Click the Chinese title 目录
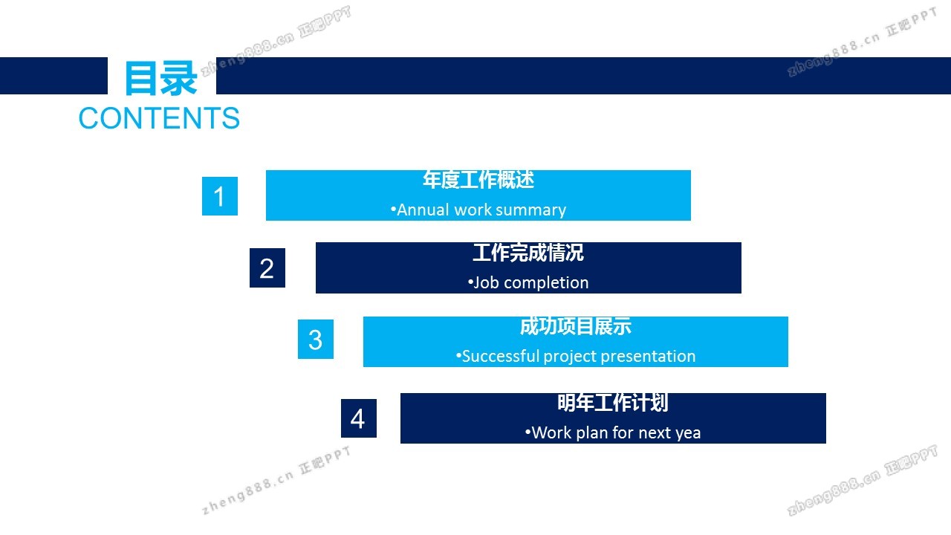click(x=161, y=78)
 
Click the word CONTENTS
click(x=159, y=118)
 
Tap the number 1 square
click(x=219, y=196)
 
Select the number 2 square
click(x=267, y=268)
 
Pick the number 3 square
click(x=316, y=340)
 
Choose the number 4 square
click(x=359, y=418)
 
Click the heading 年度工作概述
click(x=478, y=180)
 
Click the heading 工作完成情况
click(x=528, y=253)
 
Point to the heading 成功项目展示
click(x=576, y=326)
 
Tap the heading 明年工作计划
click(x=613, y=403)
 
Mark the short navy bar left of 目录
click(x=53, y=76)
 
